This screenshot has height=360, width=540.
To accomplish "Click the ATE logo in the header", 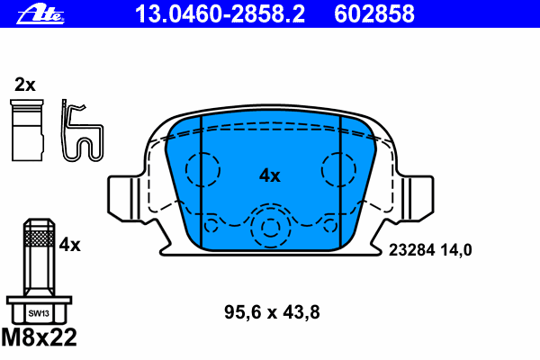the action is pos(40,14).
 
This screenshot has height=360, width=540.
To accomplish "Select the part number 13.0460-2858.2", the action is pos(220,14).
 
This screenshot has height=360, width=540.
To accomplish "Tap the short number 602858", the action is pos(374,14).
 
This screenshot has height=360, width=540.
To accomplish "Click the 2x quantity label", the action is pos(25,85).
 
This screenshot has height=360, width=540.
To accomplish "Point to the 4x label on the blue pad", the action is pos(270,175).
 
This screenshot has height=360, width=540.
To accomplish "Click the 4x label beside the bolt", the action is pos(69,245).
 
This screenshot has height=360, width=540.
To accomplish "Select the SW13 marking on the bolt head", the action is pos(39,313).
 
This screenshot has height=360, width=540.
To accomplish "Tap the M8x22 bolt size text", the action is pos(40,337).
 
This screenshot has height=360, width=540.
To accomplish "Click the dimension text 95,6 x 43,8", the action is pos(272,312).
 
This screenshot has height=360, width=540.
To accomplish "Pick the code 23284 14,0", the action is pos(430,250).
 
